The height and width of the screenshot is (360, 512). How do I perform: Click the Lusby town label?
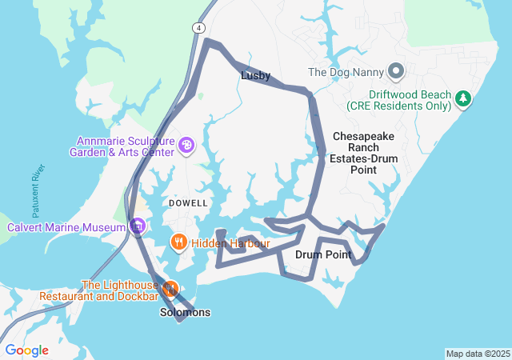(255, 76)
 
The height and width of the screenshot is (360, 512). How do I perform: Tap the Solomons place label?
(185, 312)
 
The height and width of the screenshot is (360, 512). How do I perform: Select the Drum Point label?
(323, 255)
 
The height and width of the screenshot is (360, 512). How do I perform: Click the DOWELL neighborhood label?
(189, 203)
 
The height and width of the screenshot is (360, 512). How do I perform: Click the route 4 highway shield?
(197, 28)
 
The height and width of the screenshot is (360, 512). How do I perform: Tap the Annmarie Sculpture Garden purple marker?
(186, 145)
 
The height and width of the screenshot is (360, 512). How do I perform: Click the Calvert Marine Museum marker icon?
(138, 226)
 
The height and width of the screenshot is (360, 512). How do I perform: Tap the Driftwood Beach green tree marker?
(462, 98)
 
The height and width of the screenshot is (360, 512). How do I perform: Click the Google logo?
(26, 350)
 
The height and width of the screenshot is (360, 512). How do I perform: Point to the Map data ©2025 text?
(478, 354)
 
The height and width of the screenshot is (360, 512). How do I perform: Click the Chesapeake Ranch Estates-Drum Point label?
(364, 153)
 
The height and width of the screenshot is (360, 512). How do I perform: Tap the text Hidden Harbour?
(230, 243)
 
